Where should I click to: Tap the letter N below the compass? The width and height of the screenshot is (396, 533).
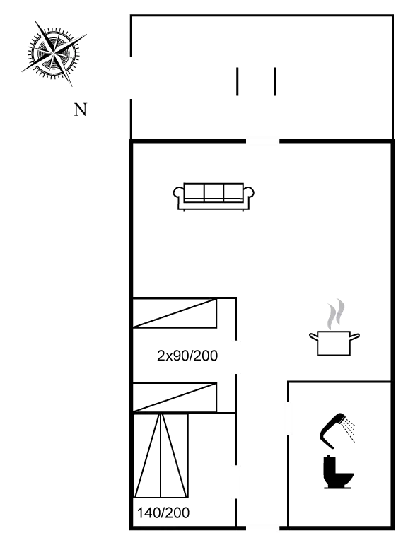coord(81,110)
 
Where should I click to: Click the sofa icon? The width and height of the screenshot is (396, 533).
coord(214,196)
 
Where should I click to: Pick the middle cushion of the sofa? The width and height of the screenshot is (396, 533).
coord(214,193)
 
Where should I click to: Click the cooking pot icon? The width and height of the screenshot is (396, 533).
coord(334,343)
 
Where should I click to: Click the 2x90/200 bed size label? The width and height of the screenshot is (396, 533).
coord(187,356)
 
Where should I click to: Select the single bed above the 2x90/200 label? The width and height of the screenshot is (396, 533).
coord(175,312)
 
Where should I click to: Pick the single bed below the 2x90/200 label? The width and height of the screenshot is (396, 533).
coord(175,397)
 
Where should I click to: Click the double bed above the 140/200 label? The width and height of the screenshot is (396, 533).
coord(161,456)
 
